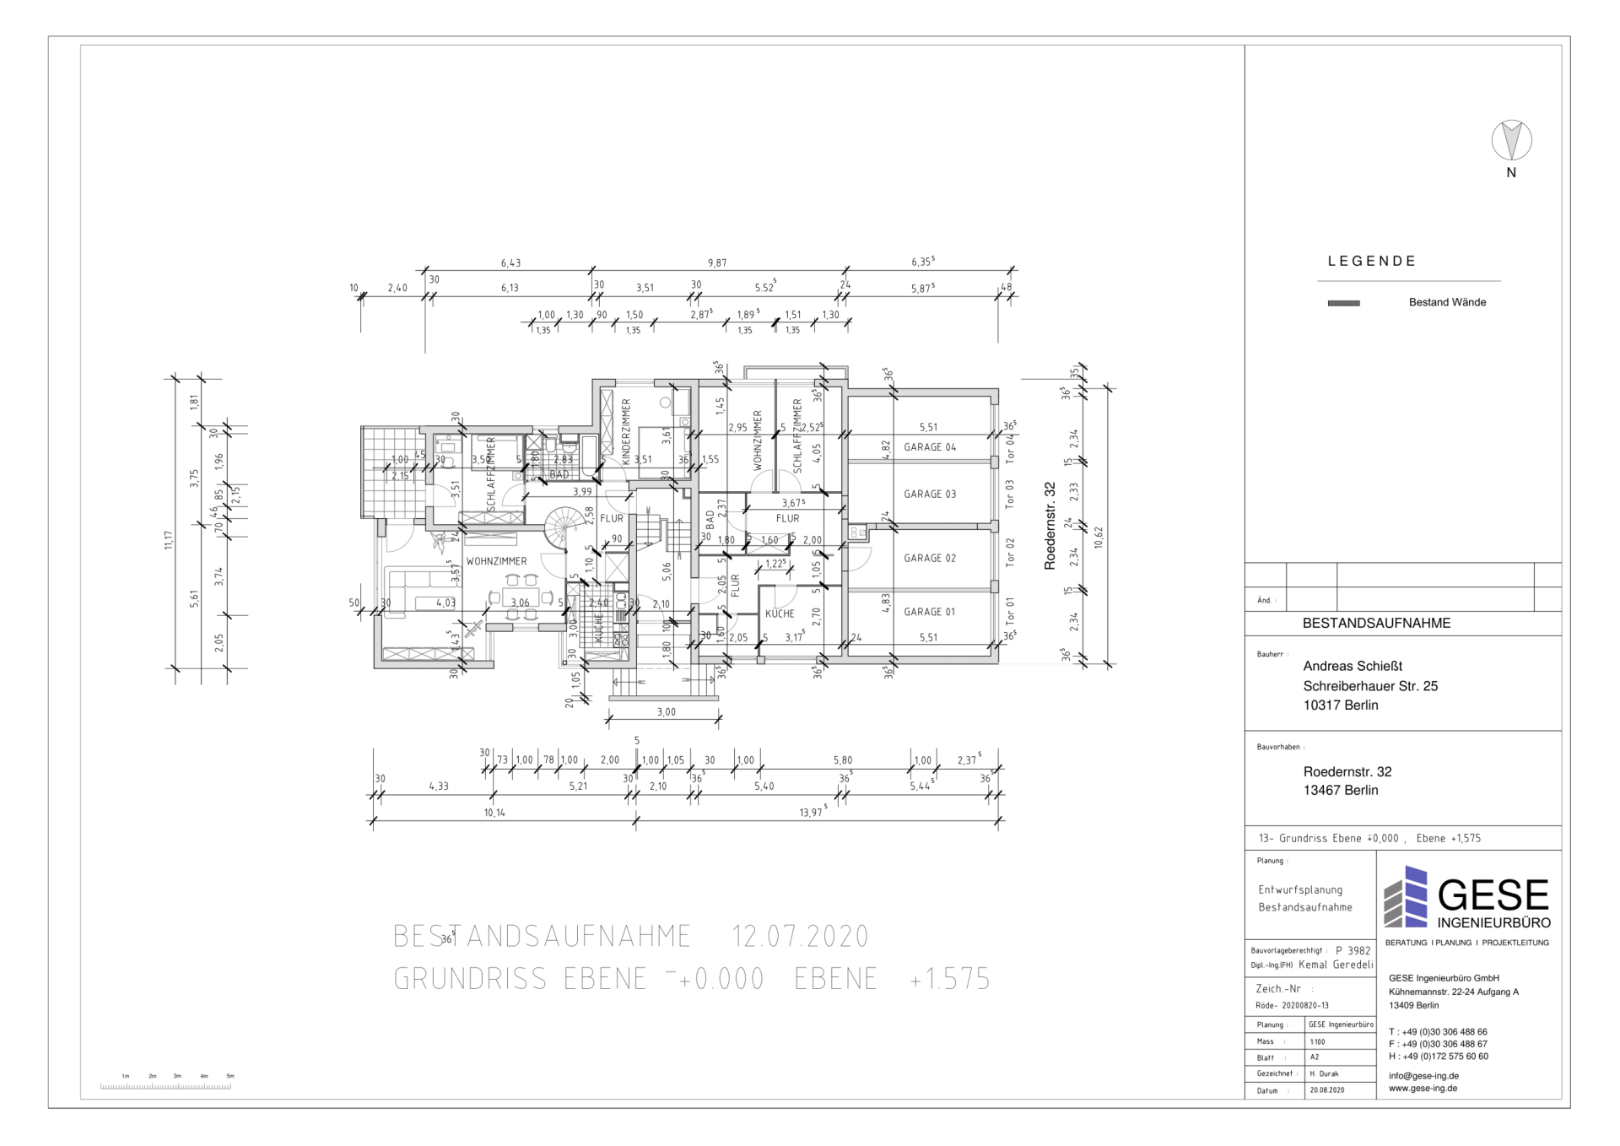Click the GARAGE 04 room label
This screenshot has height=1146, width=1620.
[930, 447]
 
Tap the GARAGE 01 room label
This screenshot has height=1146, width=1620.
[930, 612]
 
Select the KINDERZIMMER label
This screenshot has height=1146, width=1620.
[626, 432]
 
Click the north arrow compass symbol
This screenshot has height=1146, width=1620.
[1511, 140]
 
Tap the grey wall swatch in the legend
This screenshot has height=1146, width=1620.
[1343, 303]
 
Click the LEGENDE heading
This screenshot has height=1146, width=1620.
[1372, 262]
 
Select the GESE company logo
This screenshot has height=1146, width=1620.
[1467, 898]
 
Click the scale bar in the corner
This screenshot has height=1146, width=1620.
[165, 1085]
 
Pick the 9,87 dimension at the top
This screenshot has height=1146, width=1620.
[717, 263]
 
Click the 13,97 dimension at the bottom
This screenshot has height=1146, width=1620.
[812, 813]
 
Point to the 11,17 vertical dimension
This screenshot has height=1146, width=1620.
[169, 540]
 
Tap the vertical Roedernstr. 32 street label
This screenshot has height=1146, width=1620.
[1050, 526]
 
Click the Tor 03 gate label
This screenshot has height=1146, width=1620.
[1010, 494]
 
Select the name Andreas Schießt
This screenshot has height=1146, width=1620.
[1353, 666]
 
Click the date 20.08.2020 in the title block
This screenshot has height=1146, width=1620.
[1326, 1090]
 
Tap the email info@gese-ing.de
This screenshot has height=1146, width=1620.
[1423, 1076]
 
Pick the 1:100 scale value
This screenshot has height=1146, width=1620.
[1317, 1041]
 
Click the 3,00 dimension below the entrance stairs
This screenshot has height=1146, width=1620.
[667, 712]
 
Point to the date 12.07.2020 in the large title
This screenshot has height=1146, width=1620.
[800, 937]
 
